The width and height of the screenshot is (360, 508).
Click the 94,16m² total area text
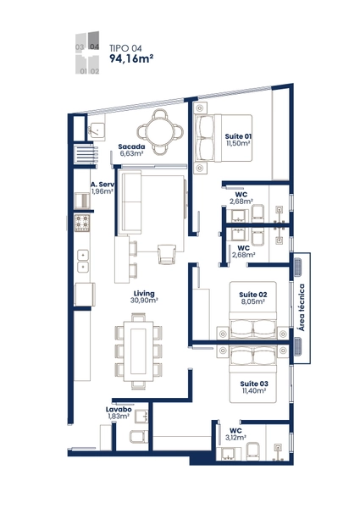point(131,58)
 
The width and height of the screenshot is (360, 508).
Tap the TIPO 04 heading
point(125,48)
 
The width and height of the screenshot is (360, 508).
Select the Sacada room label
point(131,146)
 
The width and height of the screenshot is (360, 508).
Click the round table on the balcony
point(160,132)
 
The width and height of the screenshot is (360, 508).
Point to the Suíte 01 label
point(238,136)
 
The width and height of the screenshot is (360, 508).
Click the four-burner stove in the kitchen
point(82,223)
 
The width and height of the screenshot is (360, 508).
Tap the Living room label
point(144,294)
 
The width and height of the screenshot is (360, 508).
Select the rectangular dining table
point(138,351)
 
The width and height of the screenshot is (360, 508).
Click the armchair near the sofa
point(167,254)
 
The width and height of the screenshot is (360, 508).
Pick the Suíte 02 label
point(253,295)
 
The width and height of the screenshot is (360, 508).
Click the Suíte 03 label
point(254,384)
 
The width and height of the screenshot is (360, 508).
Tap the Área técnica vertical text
point(302,307)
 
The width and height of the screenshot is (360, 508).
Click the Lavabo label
point(119,410)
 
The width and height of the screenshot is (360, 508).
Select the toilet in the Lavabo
point(139,437)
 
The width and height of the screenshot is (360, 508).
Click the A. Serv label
point(102,185)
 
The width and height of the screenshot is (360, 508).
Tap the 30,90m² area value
point(144,301)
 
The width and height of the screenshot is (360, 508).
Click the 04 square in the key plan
point(93,41)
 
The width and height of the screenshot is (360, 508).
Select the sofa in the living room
point(130,202)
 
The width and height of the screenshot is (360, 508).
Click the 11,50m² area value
point(238,143)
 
